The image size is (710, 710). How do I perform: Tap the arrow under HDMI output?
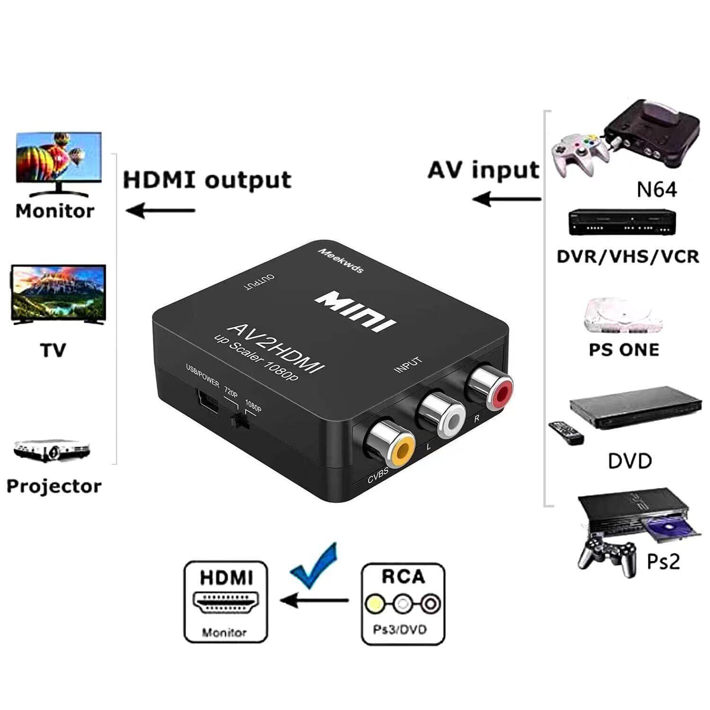tap(161, 210)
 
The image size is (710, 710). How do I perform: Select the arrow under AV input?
tap(506, 199)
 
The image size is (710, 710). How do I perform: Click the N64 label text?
tap(657, 189)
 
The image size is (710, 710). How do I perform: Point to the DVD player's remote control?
tap(566, 432)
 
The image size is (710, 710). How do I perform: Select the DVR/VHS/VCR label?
tap(628, 257)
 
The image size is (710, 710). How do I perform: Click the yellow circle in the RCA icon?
tap(374, 603)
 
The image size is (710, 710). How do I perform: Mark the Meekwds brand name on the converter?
tap(340, 260)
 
